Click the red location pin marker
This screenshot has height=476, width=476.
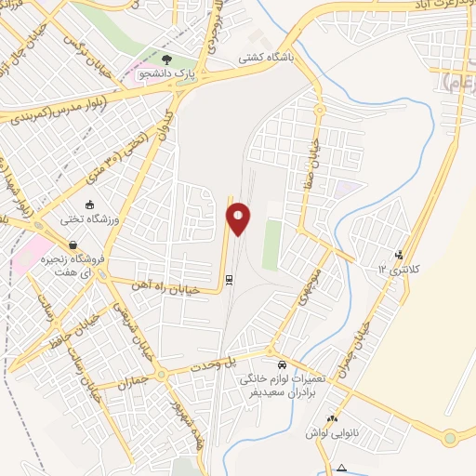[239, 219]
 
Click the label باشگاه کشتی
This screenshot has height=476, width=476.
[263, 58]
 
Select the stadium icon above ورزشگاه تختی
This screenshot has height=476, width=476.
[89, 205]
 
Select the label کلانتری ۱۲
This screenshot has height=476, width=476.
[399, 270]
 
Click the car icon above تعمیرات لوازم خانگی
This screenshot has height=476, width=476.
[282, 364]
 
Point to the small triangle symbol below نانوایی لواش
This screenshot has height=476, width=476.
[342, 467]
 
